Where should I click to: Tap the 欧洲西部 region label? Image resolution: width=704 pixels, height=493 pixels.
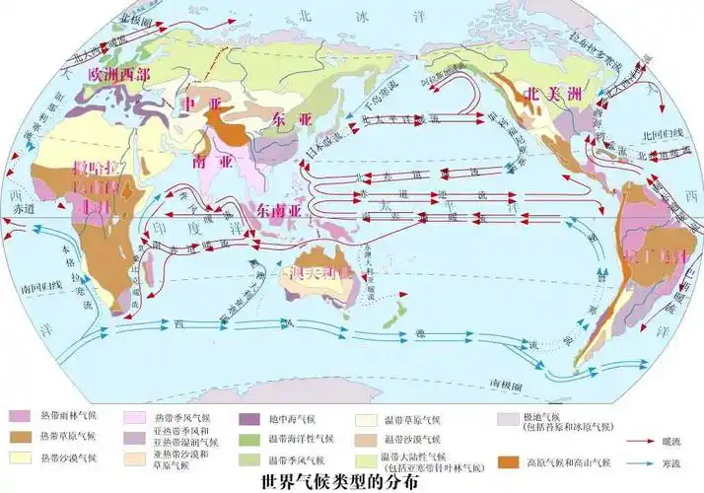pyautogui.click(x=119, y=74)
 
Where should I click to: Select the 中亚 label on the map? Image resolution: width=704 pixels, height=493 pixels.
pyautogui.click(x=194, y=104)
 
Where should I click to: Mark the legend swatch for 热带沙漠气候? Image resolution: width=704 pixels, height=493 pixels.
pyautogui.click(x=20, y=458)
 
